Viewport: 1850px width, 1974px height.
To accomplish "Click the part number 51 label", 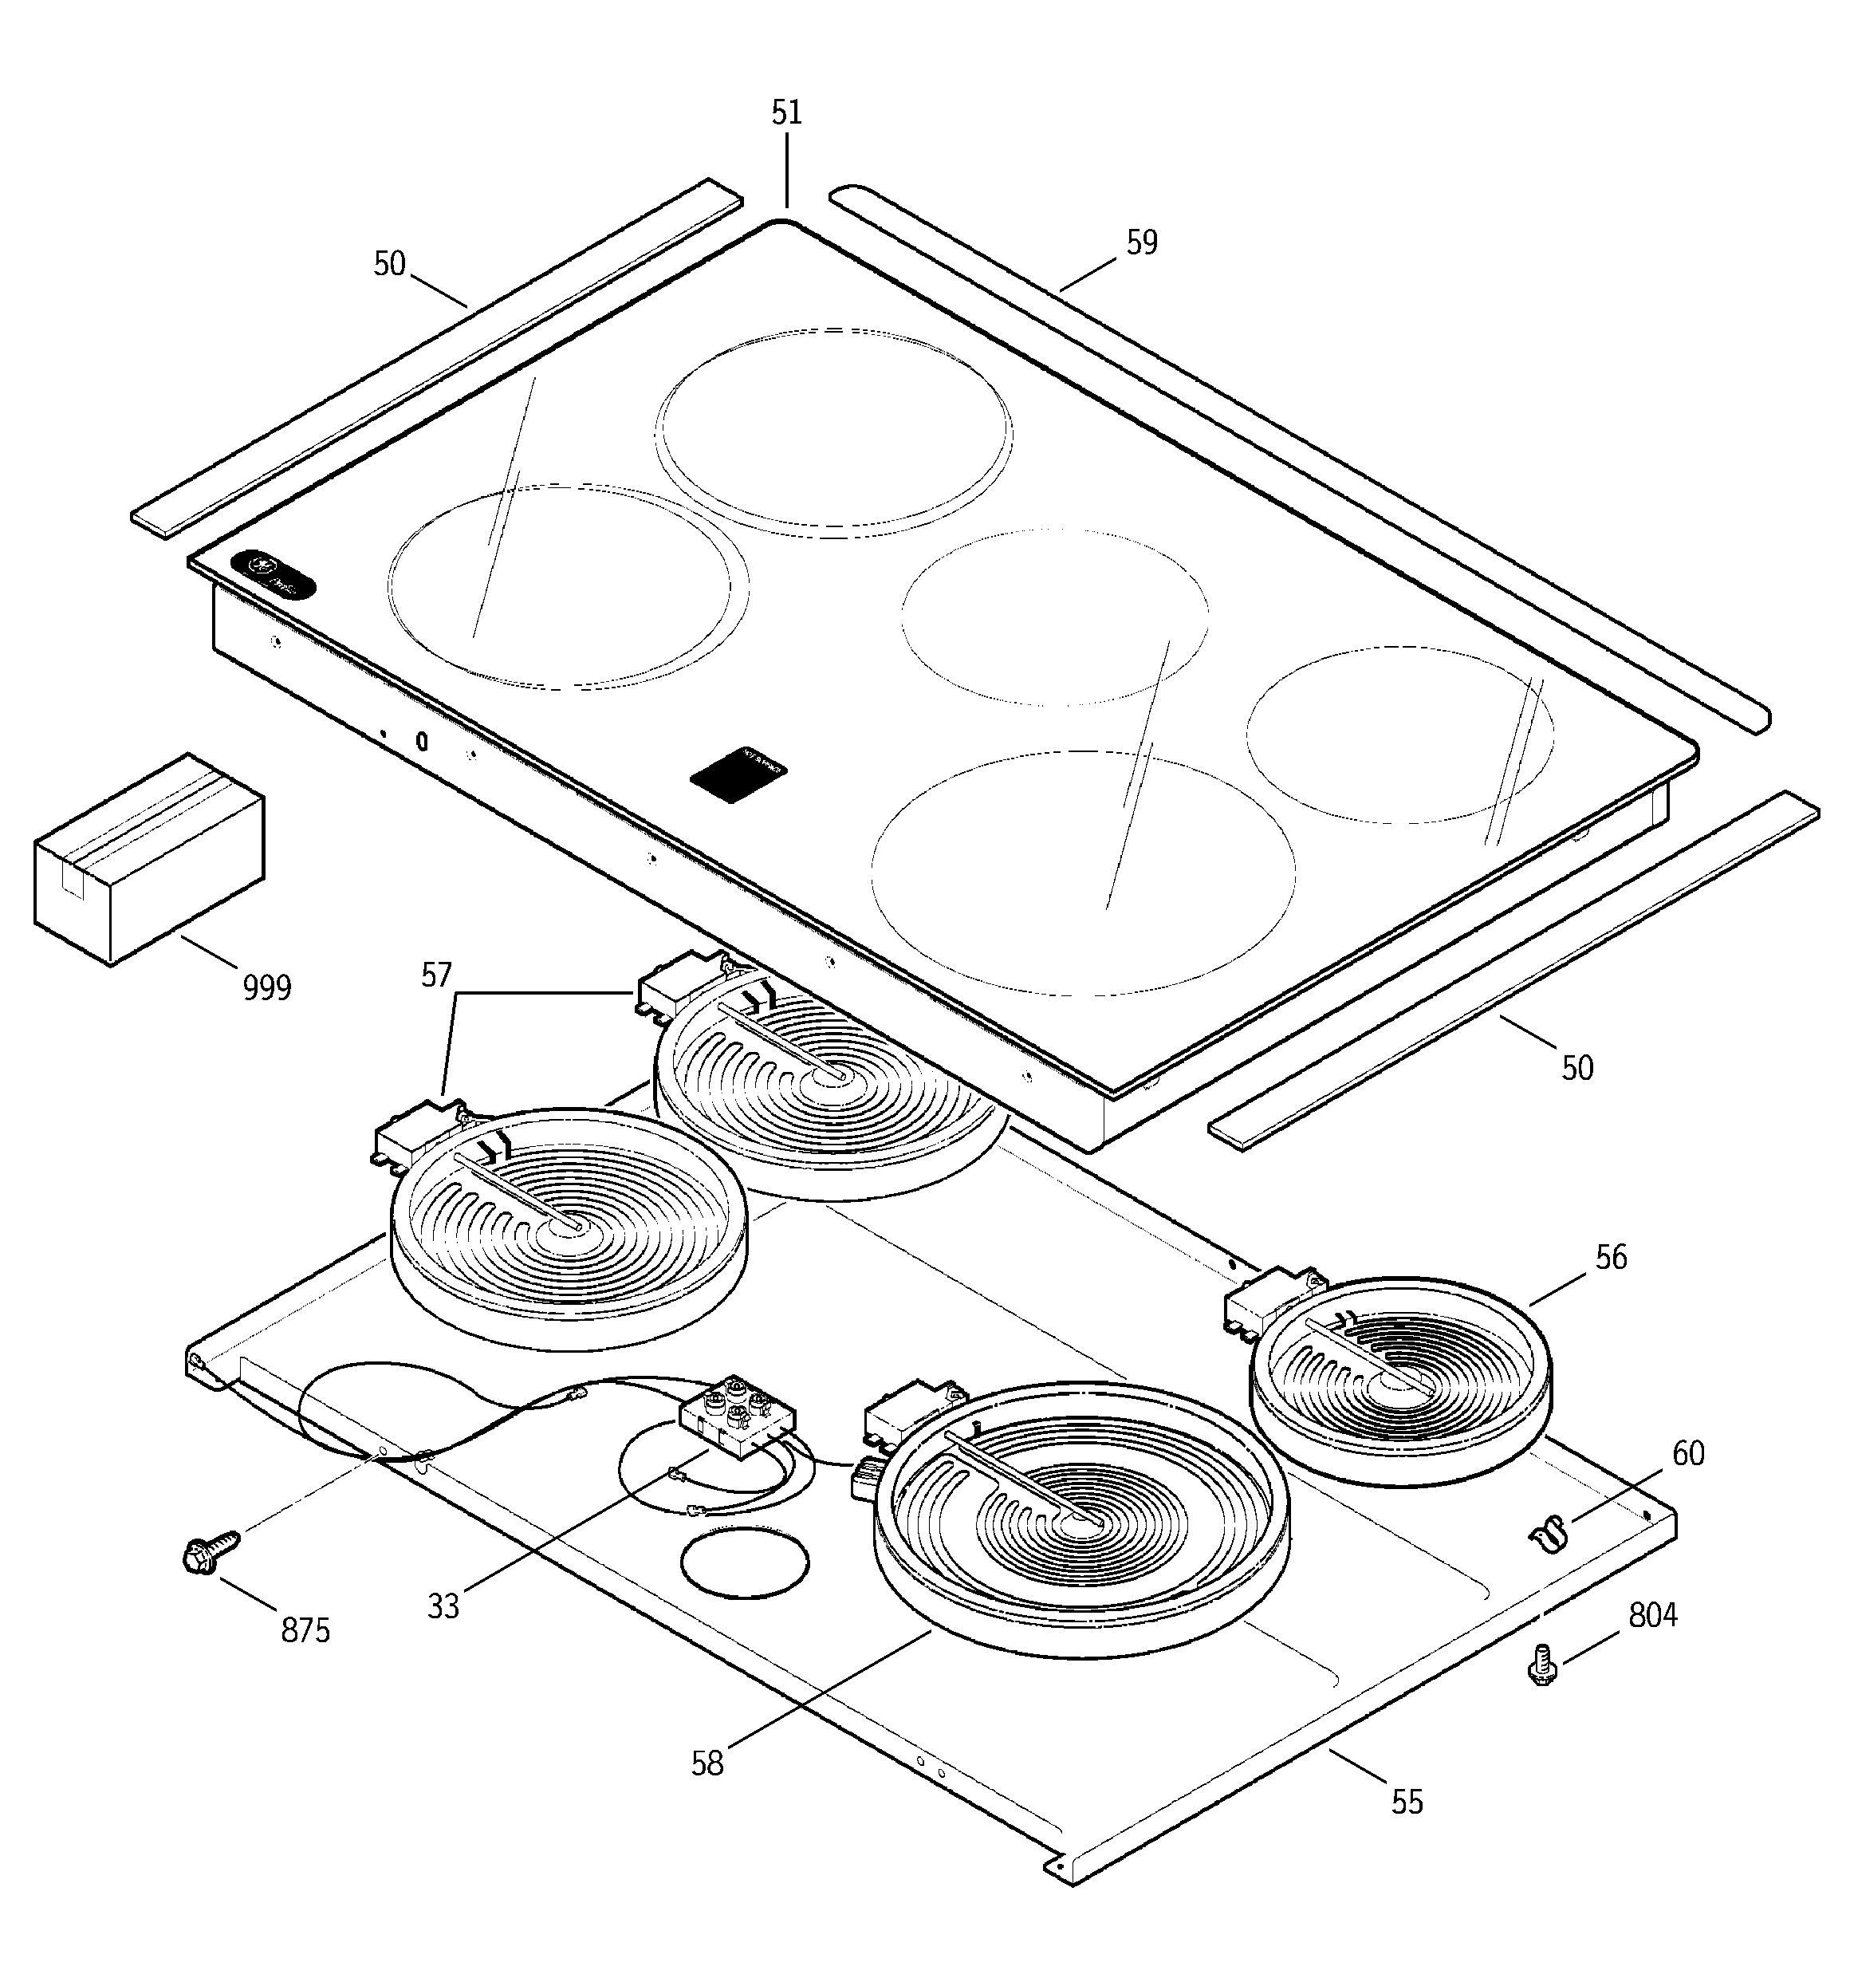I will pyautogui.click(x=786, y=113).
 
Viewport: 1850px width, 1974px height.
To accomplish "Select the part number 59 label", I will pyautogui.click(x=1142, y=242).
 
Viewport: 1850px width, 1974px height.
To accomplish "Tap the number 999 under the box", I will pyautogui.click(x=267, y=988).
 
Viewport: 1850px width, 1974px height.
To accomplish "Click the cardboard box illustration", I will pyautogui.click(x=149, y=858).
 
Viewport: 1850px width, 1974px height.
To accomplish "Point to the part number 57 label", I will pyautogui.click(x=437, y=975).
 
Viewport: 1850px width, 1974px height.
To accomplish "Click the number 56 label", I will pyautogui.click(x=1611, y=1258).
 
